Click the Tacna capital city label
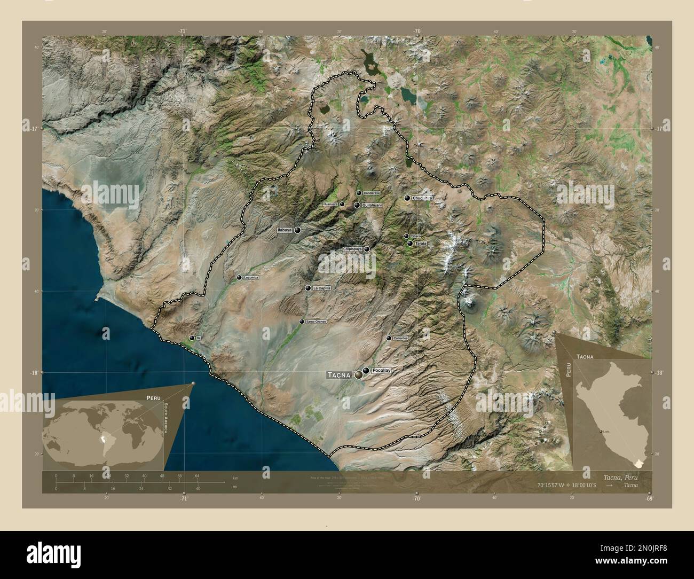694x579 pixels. pos(339,375)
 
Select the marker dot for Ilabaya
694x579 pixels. pos(297,230)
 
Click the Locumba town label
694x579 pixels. pos(250,278)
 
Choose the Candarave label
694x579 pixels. pos(370,193)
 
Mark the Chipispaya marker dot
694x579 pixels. pos(367,249)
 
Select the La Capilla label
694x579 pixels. pos(322,288)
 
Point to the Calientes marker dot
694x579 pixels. pos(389,338)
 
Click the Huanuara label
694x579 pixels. pos(331,204)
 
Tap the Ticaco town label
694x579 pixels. pos(416,236)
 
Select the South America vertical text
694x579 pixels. pos(166,419)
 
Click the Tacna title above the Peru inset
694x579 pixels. pos(585,355)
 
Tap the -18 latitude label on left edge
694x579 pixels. pos(34,373)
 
